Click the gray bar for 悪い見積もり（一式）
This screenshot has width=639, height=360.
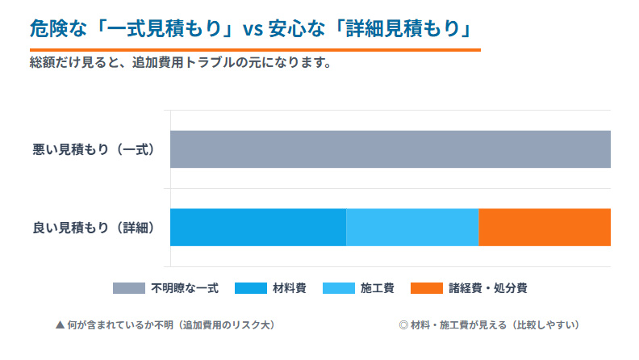[390, 149]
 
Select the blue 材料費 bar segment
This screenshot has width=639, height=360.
[258, 227]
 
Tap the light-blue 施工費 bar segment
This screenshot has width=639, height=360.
[412, 227]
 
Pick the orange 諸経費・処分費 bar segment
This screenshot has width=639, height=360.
[545, 227]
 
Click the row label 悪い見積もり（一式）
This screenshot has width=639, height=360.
[93, 149]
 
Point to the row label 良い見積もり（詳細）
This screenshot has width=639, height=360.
[93, 227]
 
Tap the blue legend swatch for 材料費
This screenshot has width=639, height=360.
[251, 288]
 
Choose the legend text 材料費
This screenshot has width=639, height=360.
[290, 288]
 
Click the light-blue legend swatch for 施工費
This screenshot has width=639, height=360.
[338, 288]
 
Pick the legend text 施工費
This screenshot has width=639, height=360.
[378, 288]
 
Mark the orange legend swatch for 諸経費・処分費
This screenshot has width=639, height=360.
[427, 288]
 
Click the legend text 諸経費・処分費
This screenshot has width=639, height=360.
[488, 288]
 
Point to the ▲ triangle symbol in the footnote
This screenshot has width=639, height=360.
[60, 325]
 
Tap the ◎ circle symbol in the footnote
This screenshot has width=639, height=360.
[403, 325]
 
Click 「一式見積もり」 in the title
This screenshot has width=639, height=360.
[161, 30]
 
